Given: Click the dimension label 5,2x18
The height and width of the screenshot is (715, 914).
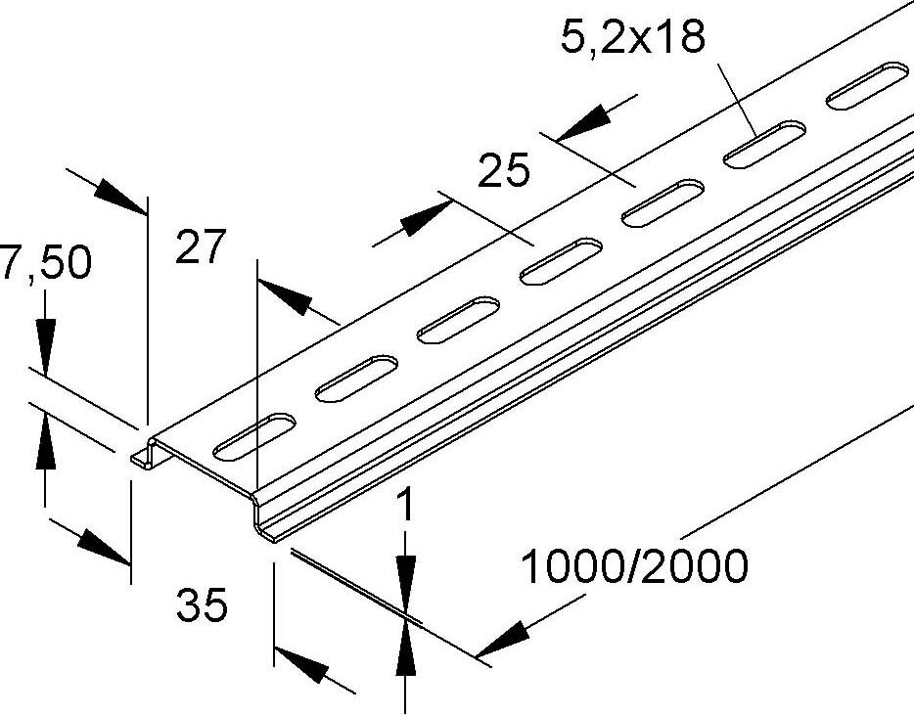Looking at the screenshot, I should point(633,38).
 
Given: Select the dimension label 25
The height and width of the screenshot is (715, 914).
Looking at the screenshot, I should point(504,170).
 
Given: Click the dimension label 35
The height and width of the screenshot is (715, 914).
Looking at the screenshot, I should point(203,605).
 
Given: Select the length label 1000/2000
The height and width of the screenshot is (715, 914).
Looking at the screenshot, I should point(633,566).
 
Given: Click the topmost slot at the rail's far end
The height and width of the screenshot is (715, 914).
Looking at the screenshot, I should point(867,85).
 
